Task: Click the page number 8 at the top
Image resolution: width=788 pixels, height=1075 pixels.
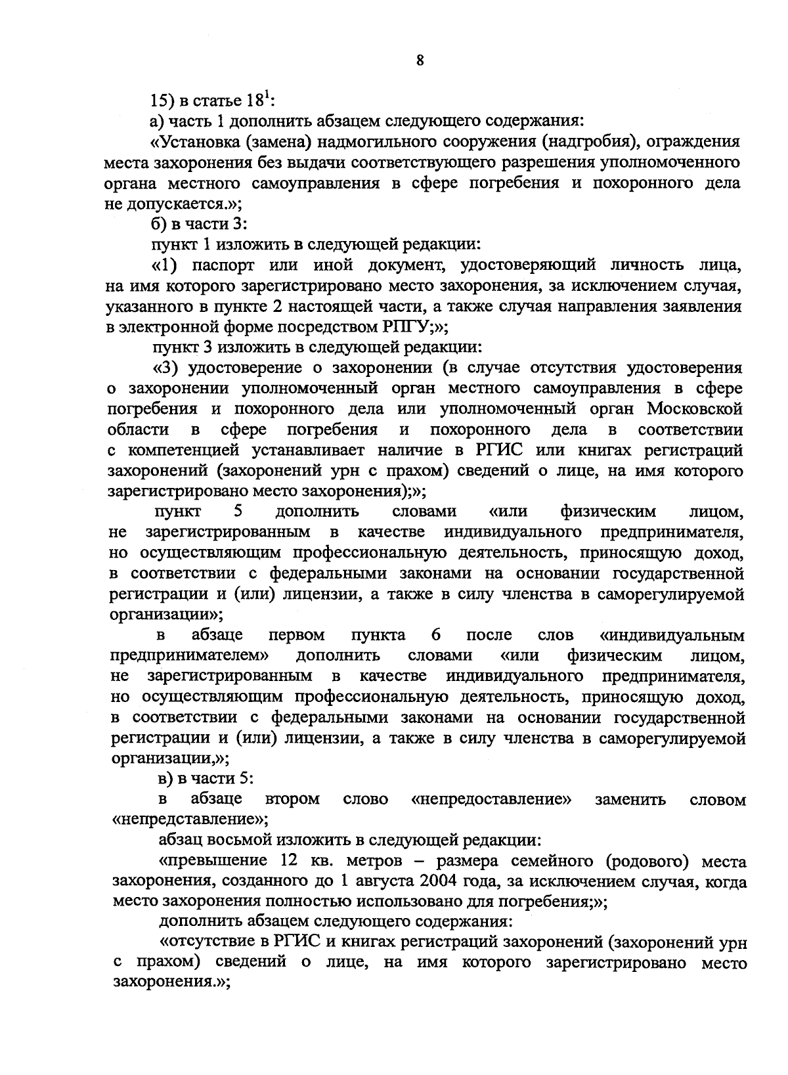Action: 420,60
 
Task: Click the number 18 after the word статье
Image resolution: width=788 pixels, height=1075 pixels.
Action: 253,101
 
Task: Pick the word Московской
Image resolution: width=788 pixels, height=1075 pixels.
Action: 695,408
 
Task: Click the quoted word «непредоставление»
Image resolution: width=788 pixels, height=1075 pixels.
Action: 491,799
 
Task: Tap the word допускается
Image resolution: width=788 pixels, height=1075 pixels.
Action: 175,204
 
